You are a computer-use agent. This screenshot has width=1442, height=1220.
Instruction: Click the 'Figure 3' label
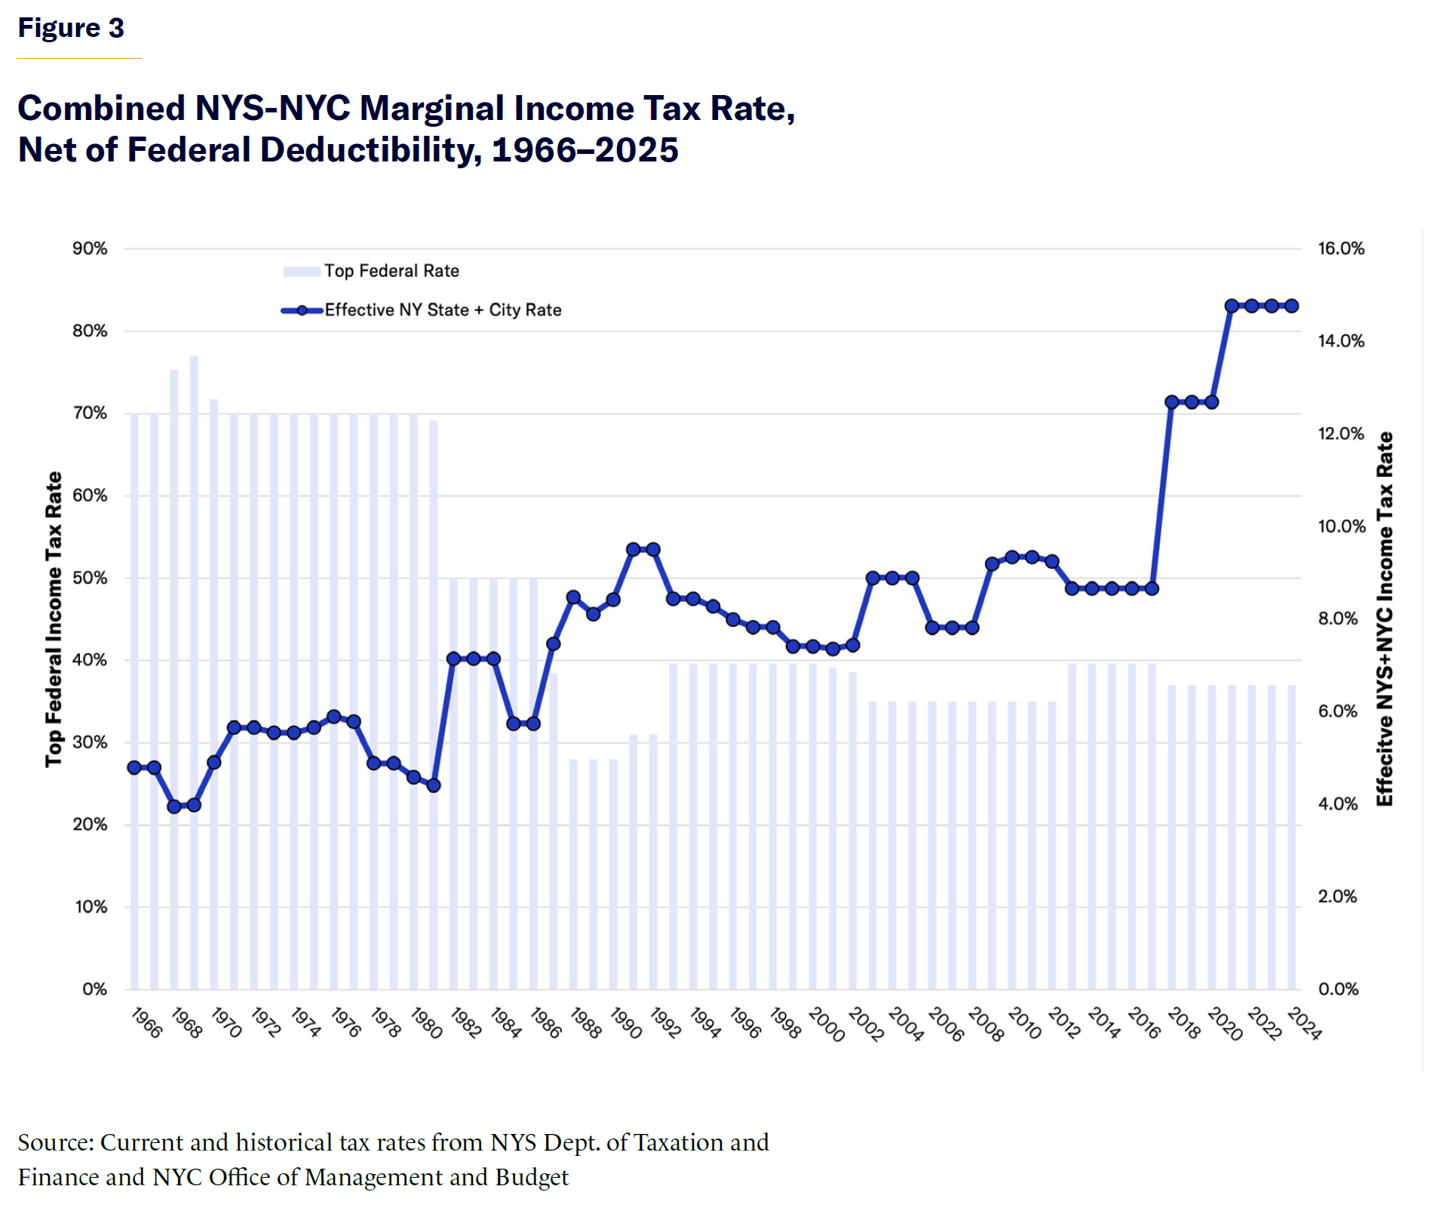pyautogui.click(x=71, y=29)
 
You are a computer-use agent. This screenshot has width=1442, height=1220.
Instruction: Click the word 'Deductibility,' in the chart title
pyautogui.click(x=370, y=149)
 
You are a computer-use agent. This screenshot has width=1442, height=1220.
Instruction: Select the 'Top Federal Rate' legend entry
pyautogui.click(x=391, y=271)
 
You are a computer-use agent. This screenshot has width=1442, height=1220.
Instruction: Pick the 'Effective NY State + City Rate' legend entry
pyautogui.click(x=443, y=310)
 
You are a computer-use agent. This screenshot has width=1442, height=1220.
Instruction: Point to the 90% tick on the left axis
pyautogui.click(x=90, y=249)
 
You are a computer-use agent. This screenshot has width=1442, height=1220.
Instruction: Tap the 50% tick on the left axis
pyautogui.click(x=90, y=578)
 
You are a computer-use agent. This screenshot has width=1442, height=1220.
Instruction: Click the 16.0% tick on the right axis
pyautogui.click(x=1340, y=249)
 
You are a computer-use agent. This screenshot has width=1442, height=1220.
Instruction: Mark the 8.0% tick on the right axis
pyautogui.click(x=1337, y=619)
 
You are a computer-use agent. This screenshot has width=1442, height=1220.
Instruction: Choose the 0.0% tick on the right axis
pyautogui.click(x=1337, y=989)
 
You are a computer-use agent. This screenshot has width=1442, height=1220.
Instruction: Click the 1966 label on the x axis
pyautogui.click(x=146, y=1023)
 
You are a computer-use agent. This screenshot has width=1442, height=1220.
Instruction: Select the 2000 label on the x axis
pyautogui.click(x=826, y=1025)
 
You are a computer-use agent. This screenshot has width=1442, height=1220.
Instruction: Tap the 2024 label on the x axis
pyautogui.click(x=1303, y=1025)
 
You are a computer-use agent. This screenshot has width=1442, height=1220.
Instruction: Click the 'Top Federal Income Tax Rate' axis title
pyautogui.click(x=54, y=619)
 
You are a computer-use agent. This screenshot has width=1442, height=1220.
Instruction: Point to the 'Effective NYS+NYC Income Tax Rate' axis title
pyautogui.click(x=1385, y=619)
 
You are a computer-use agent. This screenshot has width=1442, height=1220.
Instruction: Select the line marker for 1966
pyautogui.click(x=134, y=767)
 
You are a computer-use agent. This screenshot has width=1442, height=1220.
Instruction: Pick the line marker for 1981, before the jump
pyautogui.click(x=434, y=785)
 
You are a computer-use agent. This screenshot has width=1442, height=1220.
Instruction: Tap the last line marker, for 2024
pyautogui.click(x=1292, y=306)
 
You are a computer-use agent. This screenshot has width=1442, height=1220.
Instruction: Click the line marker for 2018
pyautogui.click(x=1172, y=402)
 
